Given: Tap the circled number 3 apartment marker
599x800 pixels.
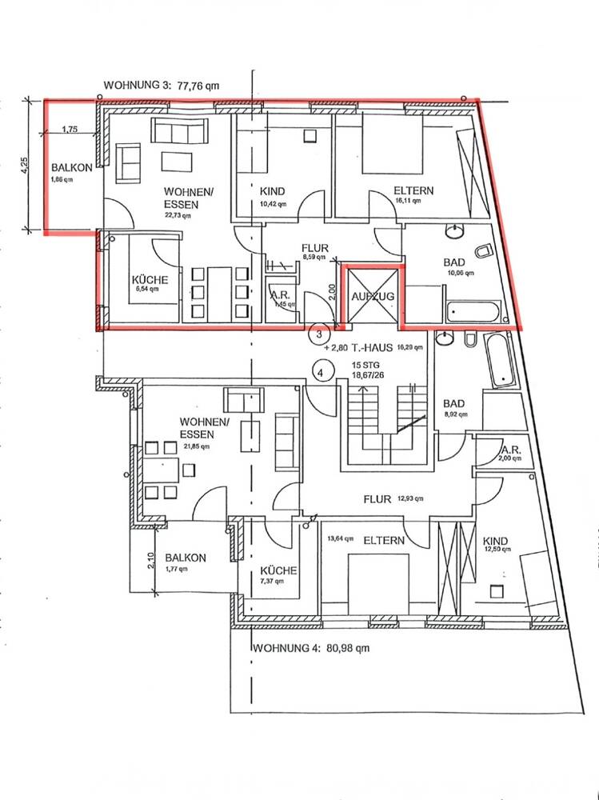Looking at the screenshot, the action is coord(319,332).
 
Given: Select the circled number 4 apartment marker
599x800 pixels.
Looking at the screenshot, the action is coord(321,372).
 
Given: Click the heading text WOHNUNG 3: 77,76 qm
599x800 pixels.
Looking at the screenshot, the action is coord(162,86).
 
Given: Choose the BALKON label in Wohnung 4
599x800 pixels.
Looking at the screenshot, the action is coord(186,558).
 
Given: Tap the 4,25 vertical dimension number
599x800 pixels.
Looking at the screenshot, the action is coord(25,166).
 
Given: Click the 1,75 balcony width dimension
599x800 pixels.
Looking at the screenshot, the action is coord(70,130).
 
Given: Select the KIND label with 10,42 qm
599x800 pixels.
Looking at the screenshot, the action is coord(273,192).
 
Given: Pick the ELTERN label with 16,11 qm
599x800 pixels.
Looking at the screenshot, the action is coord(413,191).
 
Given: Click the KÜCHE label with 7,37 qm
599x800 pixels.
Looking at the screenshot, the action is coord(279,570).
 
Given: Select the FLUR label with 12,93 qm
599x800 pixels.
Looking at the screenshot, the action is coord(377,499).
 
